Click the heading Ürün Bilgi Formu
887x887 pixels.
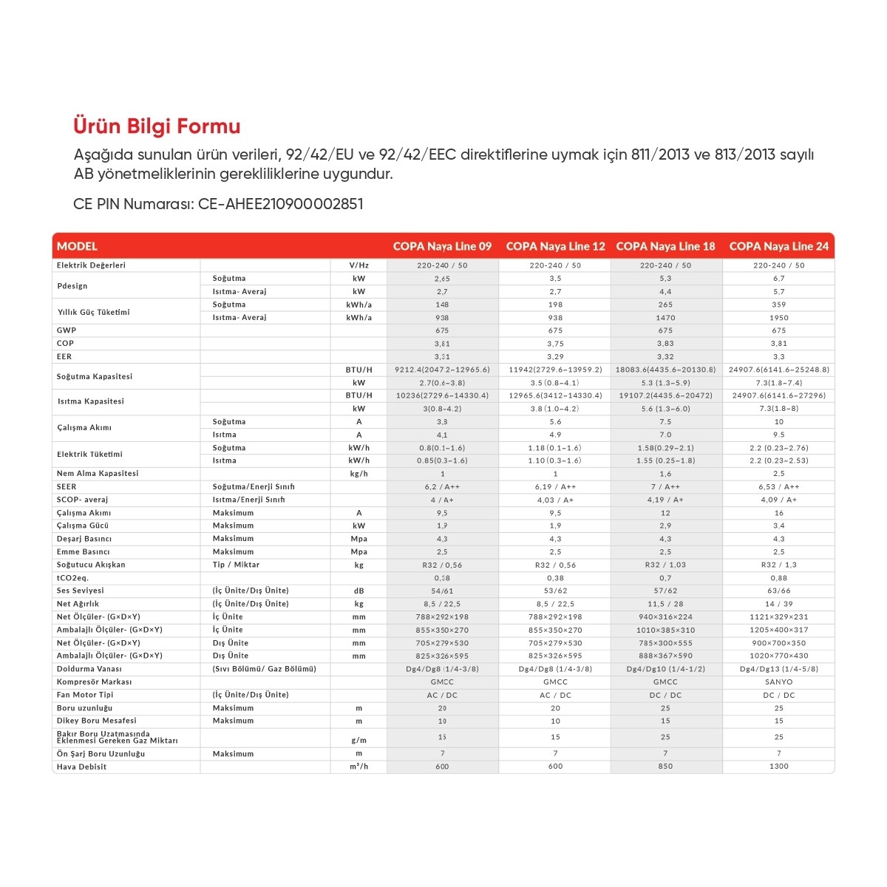click(157, 126)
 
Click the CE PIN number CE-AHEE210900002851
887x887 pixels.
click(281, 204)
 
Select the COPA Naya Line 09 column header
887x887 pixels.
click(442, 246)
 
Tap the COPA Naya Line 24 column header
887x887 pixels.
click(778, 246)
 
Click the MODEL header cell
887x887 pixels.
click(77, 246)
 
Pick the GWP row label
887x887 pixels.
click(67, 330)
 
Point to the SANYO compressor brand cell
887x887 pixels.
click(778, 682)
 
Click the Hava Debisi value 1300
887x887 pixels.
click(778, 767)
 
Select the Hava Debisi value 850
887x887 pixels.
click(665, 767)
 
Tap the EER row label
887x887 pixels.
click(64, 356)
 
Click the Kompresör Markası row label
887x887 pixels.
click(94, 682)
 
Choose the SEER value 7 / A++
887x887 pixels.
click(665, 487)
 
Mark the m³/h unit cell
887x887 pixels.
click(358, 767)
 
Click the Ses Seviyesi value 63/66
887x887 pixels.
click(778, 591)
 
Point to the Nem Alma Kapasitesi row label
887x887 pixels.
click(98, 474)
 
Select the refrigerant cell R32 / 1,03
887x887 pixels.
click(665, 565)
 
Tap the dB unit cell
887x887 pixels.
click(358, 591)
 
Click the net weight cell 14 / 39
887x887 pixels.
click(778, 604)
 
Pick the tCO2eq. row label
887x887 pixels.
click(72, 578)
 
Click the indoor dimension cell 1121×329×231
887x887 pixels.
click(778, 617)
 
